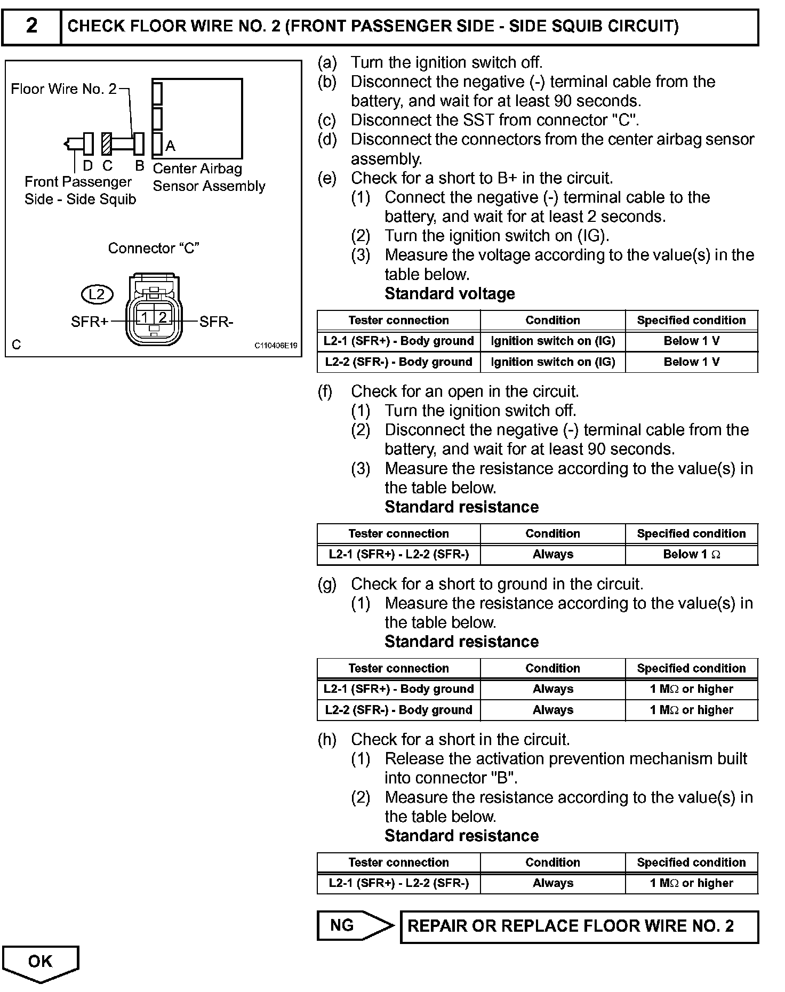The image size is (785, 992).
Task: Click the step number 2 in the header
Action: click(x=31, y=26)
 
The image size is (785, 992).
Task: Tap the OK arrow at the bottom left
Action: click(x=41, y=961)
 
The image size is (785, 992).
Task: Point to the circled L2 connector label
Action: click(x=97, y=294)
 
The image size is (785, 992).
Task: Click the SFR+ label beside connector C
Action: click(x=90, y=322)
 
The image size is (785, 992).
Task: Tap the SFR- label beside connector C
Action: click(x=216, y=322)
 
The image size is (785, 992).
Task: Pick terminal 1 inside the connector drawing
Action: click(x=144, y=318)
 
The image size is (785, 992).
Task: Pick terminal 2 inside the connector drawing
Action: click(x=162, y=318)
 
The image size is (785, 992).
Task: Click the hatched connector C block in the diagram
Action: click(x=107, y=143)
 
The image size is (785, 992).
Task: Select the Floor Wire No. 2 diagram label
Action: click(x=63, y=89)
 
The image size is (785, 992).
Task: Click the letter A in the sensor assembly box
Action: click(x=170, y=146)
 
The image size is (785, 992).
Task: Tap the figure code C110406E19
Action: click(x=275, y=346)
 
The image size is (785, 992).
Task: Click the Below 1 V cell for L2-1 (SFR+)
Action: click(x=691, y=341)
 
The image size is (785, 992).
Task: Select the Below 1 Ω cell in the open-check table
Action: click(x=691, y=555)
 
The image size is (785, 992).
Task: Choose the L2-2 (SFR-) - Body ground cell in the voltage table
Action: click(x=398, y=362)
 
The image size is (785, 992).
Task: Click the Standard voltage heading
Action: click(x=450, y=294)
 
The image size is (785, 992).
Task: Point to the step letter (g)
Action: click(x=326, y=584)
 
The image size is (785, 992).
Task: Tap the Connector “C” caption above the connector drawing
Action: click(x=154, y=248)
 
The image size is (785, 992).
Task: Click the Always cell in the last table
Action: click(x=552, y=883)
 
